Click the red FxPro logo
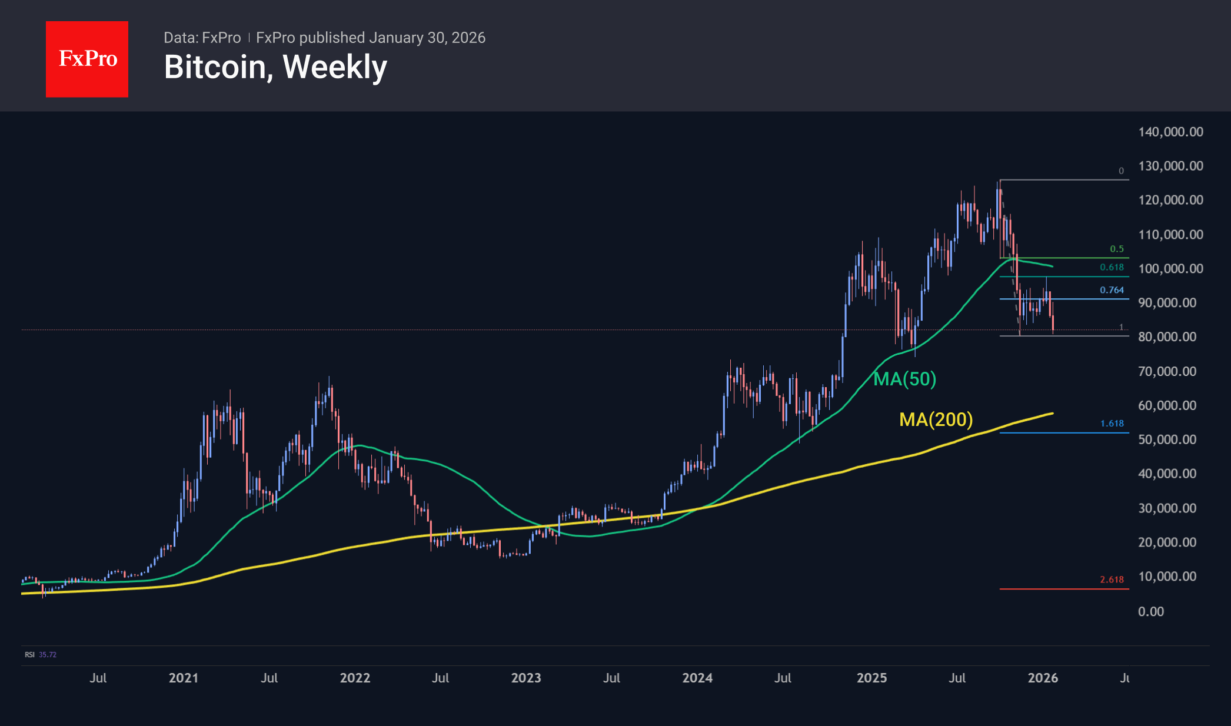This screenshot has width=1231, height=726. tap(87, 59)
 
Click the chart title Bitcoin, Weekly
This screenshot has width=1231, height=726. tap(275, 67)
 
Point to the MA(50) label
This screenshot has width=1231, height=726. tap(904, 379)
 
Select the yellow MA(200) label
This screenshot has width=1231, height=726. tap(936, 419)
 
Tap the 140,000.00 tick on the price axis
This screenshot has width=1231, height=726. tap(1170, 132)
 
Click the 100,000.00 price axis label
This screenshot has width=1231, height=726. tap(1170, 269)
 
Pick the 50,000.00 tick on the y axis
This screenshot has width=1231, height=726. tap(1166, 439)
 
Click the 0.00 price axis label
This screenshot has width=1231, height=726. tap(1150, 611)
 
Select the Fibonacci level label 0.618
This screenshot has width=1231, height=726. tap(1112, 267)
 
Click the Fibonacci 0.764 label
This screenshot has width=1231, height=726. tap(1112, 290)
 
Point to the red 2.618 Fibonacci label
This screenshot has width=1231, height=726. tap(1112, 580)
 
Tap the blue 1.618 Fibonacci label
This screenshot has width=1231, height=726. tap(1112, 424)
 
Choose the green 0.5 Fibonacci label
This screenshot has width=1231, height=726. tap(1116, 249)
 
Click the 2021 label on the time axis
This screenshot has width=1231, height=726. tap(184, 678)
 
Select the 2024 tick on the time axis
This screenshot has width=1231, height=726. tap(697, 678)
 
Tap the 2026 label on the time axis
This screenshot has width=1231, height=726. tap(1043, 678)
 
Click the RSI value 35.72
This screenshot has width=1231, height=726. tap(48, 655)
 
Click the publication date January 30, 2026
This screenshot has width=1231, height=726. tap(427, 38)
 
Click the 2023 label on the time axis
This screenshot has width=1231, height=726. tap(526, 678)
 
